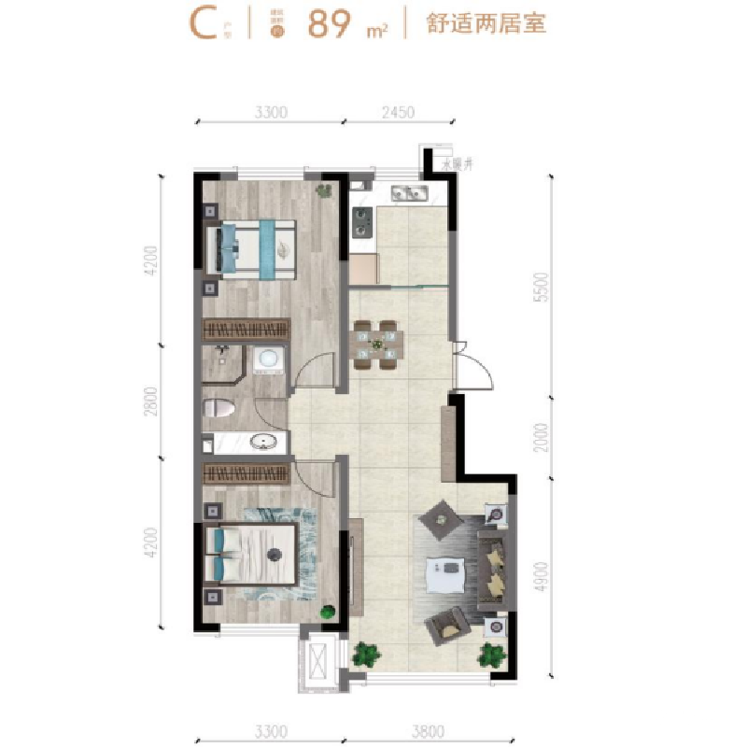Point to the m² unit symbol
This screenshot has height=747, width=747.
point(377,31)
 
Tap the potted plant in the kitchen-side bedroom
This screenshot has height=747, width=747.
point(324,190)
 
